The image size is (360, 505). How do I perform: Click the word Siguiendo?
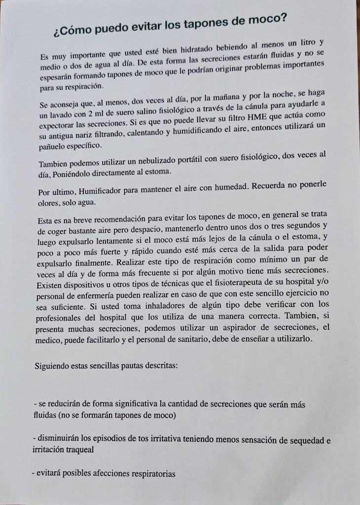pyautogui.click(x=55, y=366)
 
